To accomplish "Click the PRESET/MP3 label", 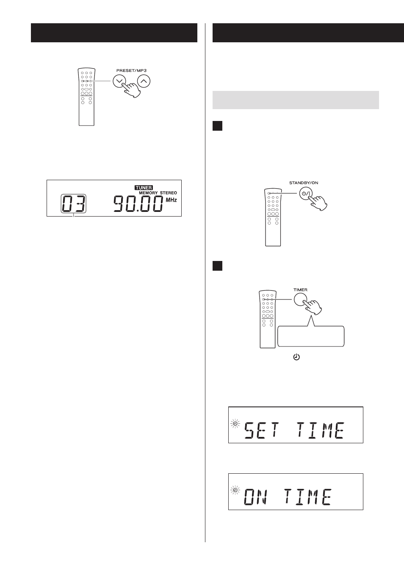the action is click(x=131, y=71).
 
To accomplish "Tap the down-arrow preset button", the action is click(x=119, y=81).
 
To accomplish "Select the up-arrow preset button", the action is click(x=144, y=81).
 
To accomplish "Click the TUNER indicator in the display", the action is click(x=144, y=188).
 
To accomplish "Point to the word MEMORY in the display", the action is click(x=148, y=193).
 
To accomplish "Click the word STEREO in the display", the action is click(x=169, y=193).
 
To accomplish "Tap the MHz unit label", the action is click(x=171, y=200).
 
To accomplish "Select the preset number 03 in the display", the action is click(x=74, y=203).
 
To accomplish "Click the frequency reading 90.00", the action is click(x=138, y=204).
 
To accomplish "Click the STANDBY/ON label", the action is click(x=304, y=183).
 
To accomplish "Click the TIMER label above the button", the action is click(x=300, y=290).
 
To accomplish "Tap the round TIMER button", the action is click(x=300, y=299).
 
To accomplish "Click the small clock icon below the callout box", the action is click(x=296, y=357).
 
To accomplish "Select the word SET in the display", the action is click(x=262, y=430).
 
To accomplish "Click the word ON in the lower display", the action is click(x=256, y=497).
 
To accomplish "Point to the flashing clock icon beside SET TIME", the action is click(x=235, y=423).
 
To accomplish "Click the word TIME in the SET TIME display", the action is click(x=320, y=430).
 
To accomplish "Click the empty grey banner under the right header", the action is click(x=296, y=100).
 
